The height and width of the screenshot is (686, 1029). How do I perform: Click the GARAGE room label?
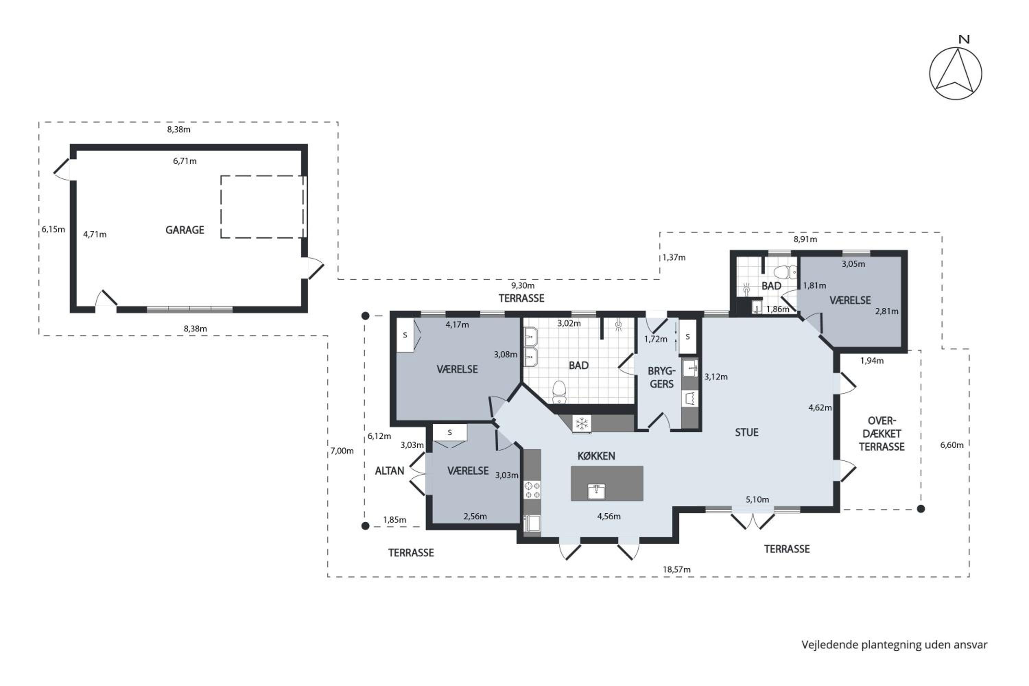pyautogui.click(x=185, y=230)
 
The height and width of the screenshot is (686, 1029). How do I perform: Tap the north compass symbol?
pyautogui.click(x=956, y=73)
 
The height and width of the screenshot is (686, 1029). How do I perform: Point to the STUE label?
pyautogui.click(x=746, y=432)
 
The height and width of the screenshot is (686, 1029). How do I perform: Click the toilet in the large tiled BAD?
pyautogui.click(x=559, y=392)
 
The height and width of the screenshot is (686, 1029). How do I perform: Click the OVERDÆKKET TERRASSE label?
pyautogui.click(x=882, y=434)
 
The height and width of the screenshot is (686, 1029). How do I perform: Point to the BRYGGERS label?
pyautogui.click(x=662, y=377)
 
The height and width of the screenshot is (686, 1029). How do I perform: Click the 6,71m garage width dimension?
pyautogui.click(x=185, y=161)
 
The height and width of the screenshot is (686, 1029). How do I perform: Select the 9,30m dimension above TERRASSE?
pyautogui.click(x=523, y=286)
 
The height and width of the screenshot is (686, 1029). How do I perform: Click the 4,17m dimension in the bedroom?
pyautogui.click(x=457, y=324)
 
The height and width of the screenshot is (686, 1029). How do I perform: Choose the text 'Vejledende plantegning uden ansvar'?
pyautogui.click(x=894, y=645)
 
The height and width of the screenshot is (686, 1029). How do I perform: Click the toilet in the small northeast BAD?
pyautogui.click(x=786, y=272)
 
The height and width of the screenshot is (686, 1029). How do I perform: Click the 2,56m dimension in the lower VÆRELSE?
pyautogui.click(x=475, y=516)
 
